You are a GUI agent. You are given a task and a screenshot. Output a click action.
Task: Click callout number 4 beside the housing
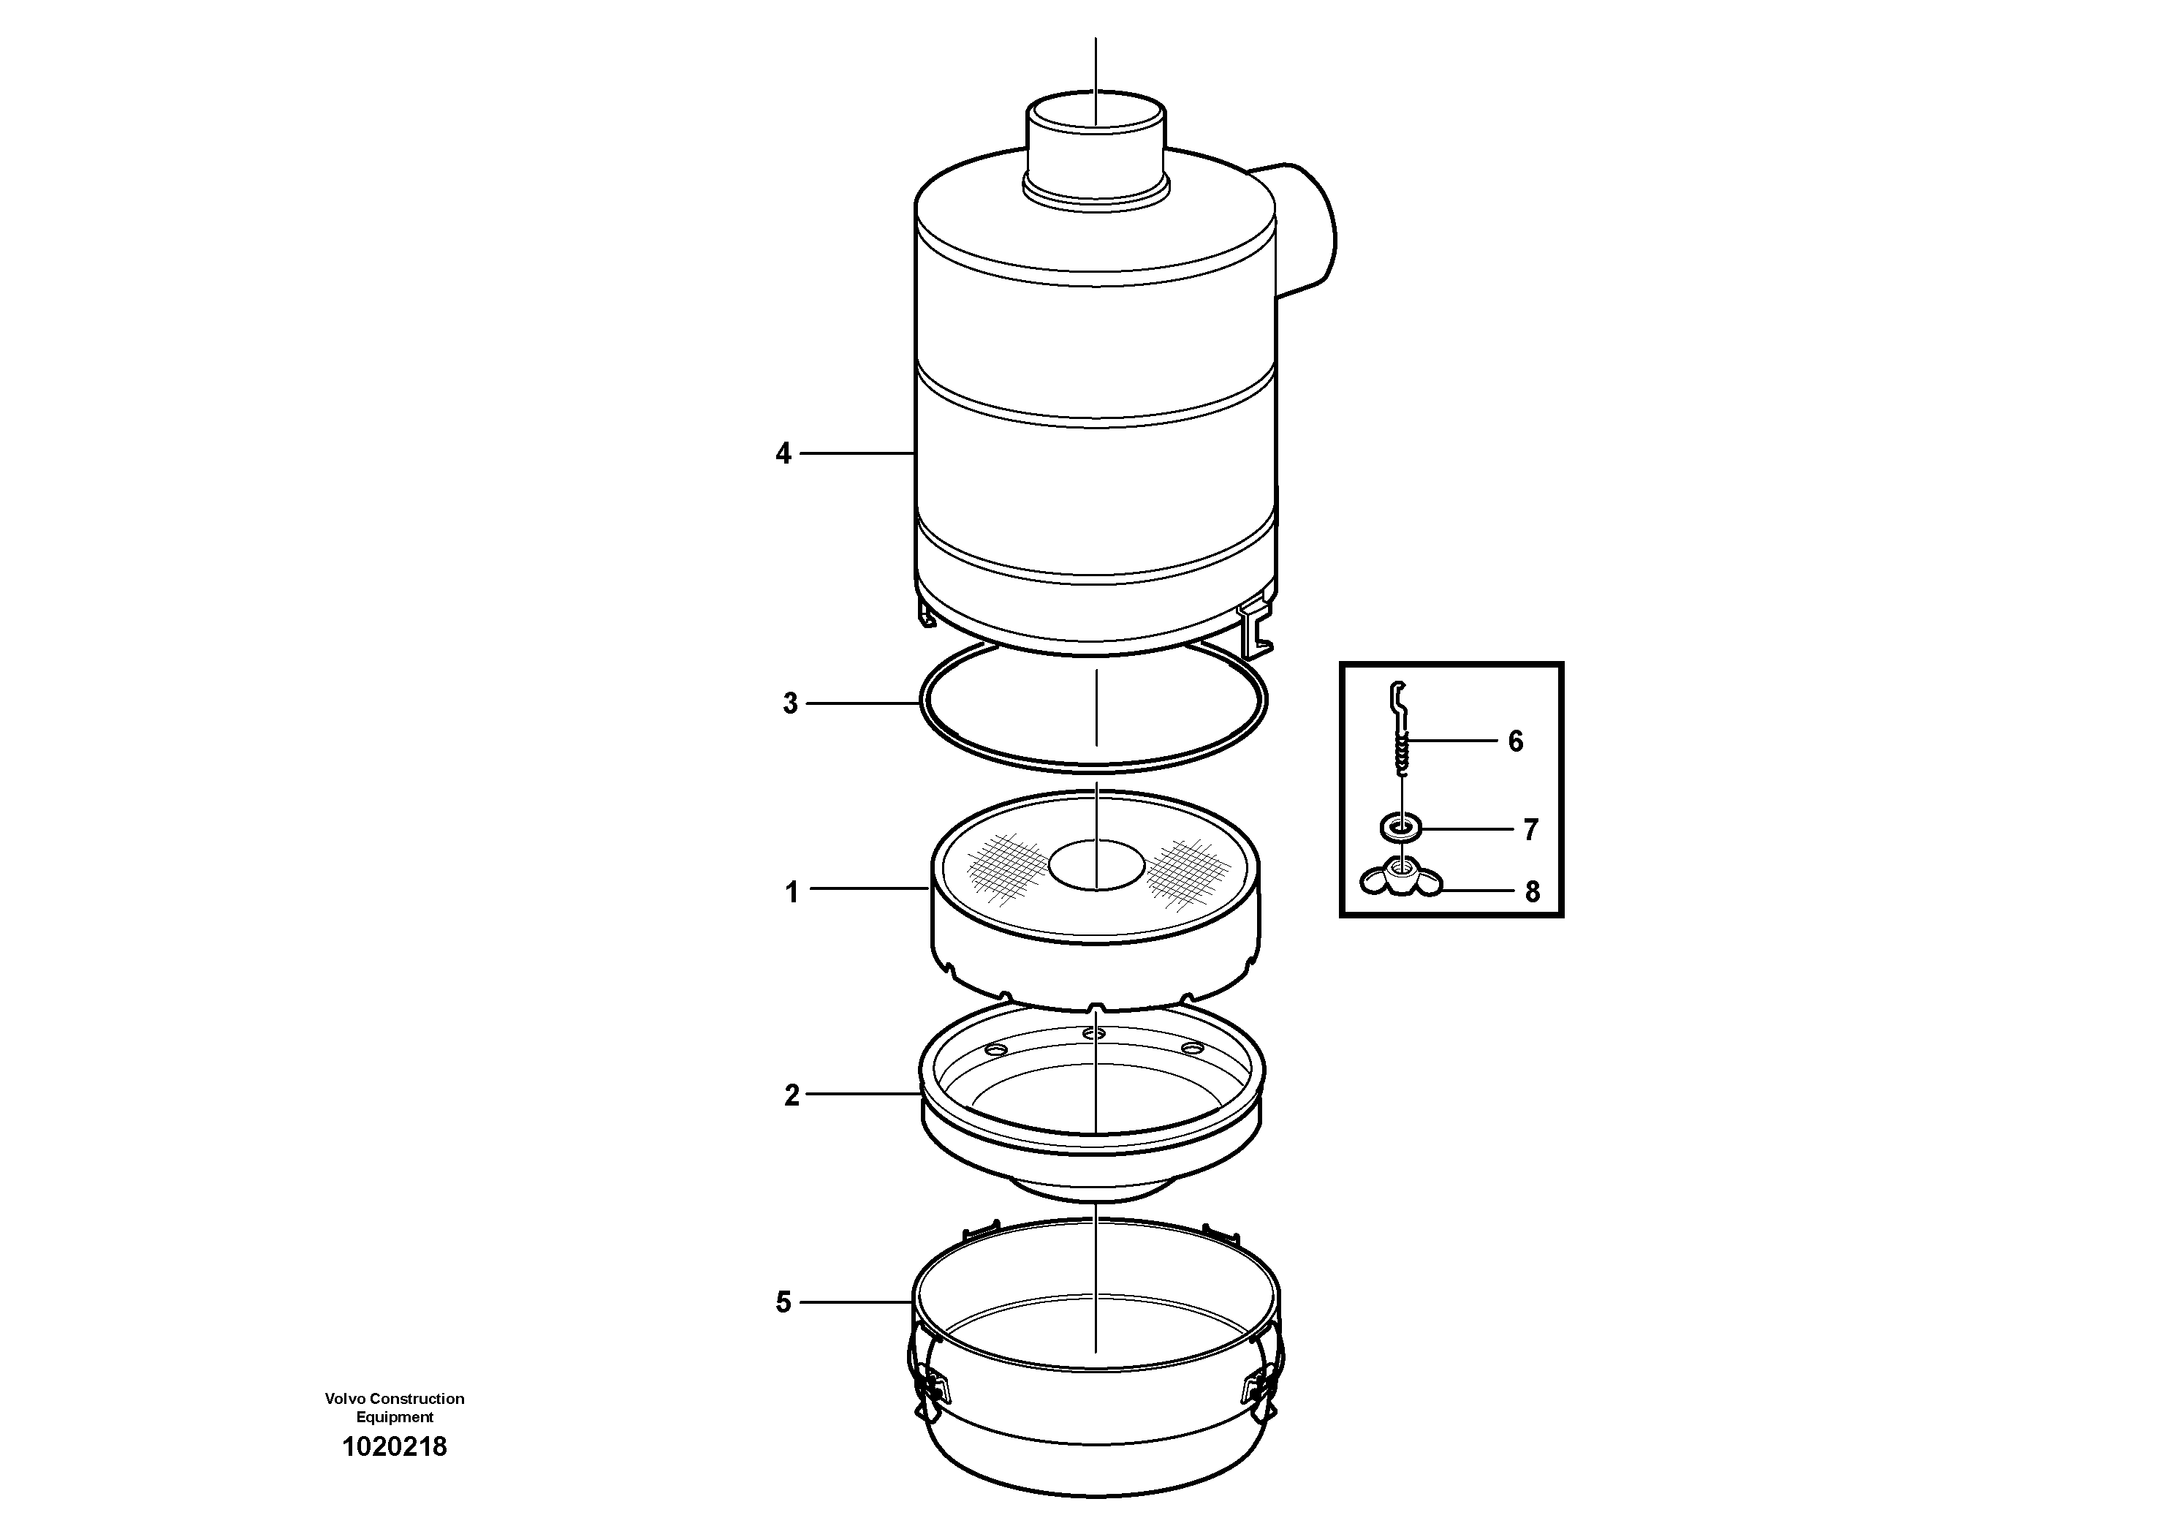click(x=783, y=454)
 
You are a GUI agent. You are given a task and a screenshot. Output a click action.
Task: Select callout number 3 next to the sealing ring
click(x=790, y=704)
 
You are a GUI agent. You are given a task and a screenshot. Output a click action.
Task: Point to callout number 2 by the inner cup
click(x=791, y=1095)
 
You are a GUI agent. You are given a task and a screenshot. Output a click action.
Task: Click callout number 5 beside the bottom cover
click(x=783, y=1303)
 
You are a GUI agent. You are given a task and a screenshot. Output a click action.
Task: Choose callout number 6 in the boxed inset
click(x=1515, y=741)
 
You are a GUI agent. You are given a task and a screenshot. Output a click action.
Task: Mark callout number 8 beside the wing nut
click(x=1532, y=891)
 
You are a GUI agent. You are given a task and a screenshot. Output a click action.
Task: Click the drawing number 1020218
click(x=394, y=1447)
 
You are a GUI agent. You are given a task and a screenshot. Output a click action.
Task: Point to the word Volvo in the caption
click(x=345, y=1399)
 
